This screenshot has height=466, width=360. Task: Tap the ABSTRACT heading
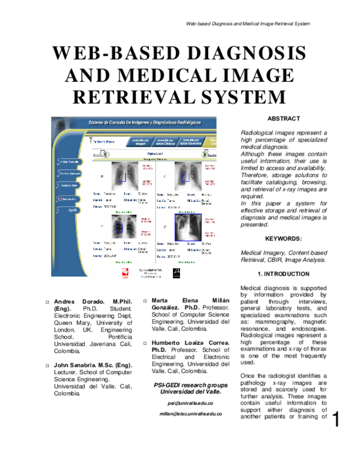click(x=283, y=119)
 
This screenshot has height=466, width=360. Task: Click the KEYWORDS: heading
click(x=283, y=238)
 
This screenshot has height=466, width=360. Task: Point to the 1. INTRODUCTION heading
click(x=283, y=274)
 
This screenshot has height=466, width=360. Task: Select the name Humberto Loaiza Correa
click(x=187, y=342)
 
